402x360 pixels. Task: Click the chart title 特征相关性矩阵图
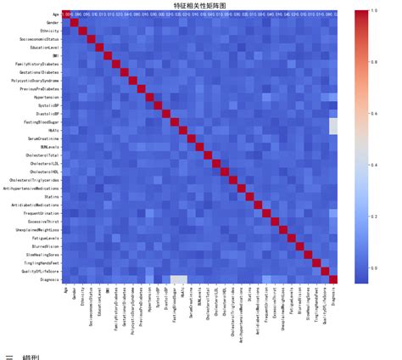tap(200, 4)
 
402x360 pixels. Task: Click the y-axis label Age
tap(55, 14)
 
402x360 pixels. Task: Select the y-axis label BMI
tap(56, 56)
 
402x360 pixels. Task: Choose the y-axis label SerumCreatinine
tap(43, 138)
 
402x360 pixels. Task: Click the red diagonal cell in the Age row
tap(65, 14)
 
